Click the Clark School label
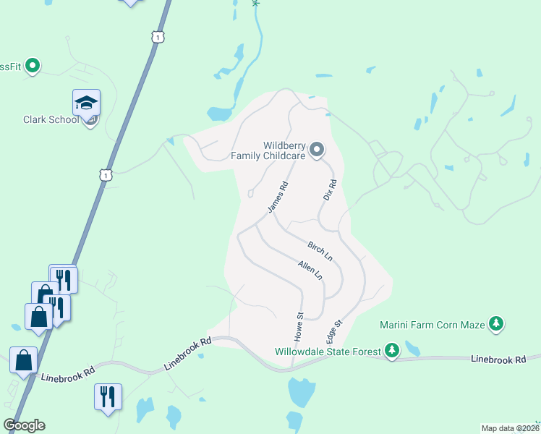pyautogui.click(x=50, y=120)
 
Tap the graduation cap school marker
pyautogui.click(x=86, y=103)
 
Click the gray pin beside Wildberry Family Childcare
pyautogui.click(x=317, y=150)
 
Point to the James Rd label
pyautogui.click(x=278, y=197)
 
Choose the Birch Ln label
pyautogui.click(x=319, y=252)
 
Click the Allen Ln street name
pyautogui.click(x=310, y=271)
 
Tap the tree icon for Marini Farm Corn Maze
pyautogui.click(x=496, y=323)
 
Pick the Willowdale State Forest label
pyautogui.click(x=327, y=352)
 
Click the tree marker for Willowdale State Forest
pyautogui.click(x=392, y=351)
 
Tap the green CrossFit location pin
pyautogui.click(x=32, y=67)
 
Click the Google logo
pyautogui.click(x=24, y=425)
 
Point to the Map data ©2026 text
pyautogui.click(x=510, y=428)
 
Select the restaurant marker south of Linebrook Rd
pyautogui.click(x=108, y=397)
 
